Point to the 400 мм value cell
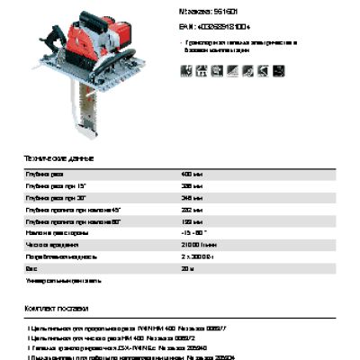click(191, 172)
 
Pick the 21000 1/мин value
click(198, 244)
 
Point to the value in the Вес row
click(188, 267)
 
